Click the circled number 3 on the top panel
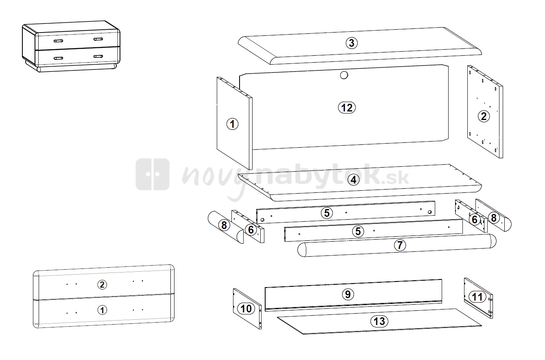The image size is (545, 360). [351, 43]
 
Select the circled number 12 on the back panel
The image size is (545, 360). [347, 107]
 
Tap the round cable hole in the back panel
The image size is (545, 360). [344, 75]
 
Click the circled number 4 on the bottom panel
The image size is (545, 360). [353, 180]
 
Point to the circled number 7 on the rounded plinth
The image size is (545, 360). [400, 245]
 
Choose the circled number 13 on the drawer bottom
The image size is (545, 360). [379, 321]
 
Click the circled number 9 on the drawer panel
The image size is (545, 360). [348, 294]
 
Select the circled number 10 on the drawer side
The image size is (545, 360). [246, 309]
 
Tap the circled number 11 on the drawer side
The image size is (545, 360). [477, 297]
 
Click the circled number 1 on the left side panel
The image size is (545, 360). [232, 124]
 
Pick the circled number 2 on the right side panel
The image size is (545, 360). [484, 116]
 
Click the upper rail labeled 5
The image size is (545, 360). [345, 212]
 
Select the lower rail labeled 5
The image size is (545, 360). [373, 231]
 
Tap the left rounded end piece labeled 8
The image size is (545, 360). [226, 227]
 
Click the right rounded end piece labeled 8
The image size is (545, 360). [493, 215]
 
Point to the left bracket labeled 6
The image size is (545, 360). [248, 226]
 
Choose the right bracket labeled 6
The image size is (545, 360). [471, 216]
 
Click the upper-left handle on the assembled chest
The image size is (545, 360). [59, 41]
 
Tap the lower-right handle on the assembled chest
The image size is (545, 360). [98, 57]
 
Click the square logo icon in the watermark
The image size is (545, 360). [153, 174]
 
